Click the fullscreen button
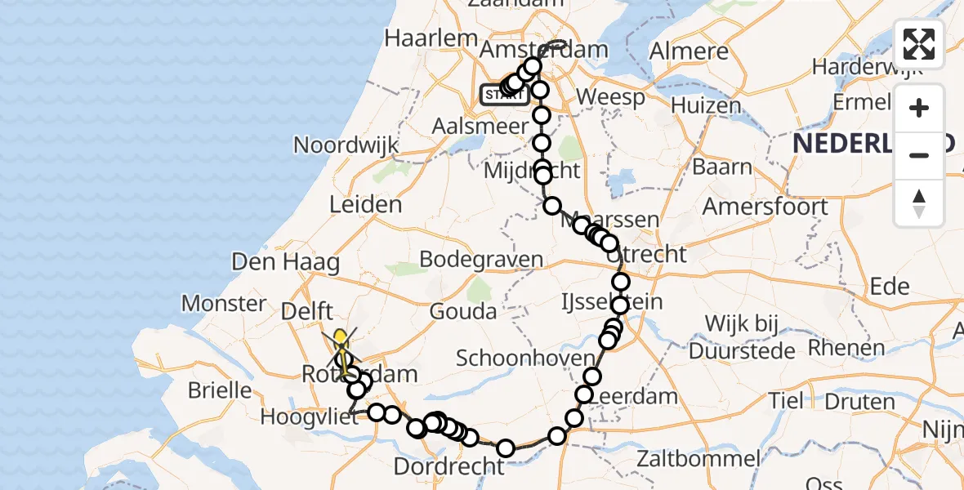[x=919, y=44]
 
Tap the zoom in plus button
[x=919, y=109]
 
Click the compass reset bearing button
[x=919, y=203]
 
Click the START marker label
[x=501, y=95]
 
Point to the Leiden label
[x=365, y=204]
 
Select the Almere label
[x=688, y=51]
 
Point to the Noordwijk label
[x=346, y=145]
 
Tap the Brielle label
[x=220, y=390]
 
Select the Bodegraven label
[x=480, y=260]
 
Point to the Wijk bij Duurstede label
[x=742, y=337]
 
